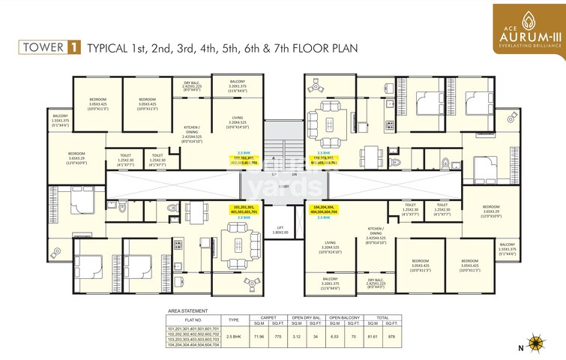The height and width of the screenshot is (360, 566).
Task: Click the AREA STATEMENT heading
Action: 187,310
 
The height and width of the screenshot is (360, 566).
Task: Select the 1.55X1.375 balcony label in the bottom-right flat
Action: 508,249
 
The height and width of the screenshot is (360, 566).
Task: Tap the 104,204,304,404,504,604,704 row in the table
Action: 194,345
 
